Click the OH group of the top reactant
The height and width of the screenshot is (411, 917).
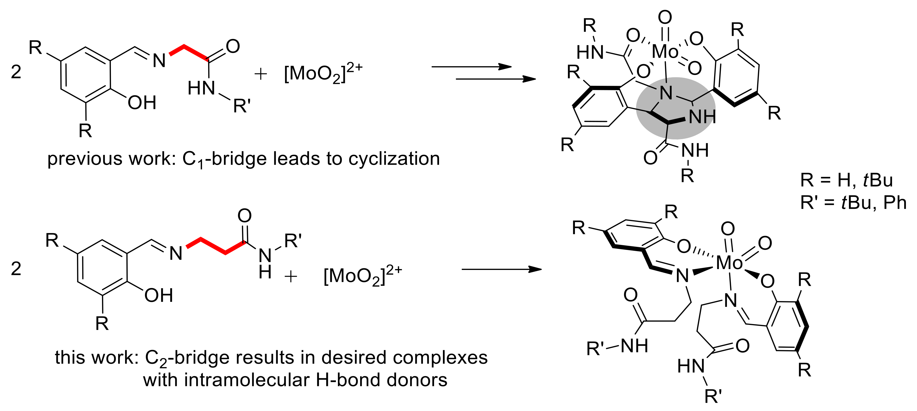(142, 103)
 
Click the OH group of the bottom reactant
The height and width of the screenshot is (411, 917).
(158, 295)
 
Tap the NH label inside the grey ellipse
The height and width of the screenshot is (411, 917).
(702, 117)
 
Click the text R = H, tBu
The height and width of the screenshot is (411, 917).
(846, 180)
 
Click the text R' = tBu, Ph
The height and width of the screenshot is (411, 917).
(853, 202)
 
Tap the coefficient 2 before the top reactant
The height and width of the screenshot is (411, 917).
(16, 72)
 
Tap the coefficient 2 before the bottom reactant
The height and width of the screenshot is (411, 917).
(16, 269)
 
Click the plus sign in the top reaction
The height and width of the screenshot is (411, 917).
(261, 74)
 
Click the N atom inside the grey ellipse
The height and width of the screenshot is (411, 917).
(666, 93)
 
